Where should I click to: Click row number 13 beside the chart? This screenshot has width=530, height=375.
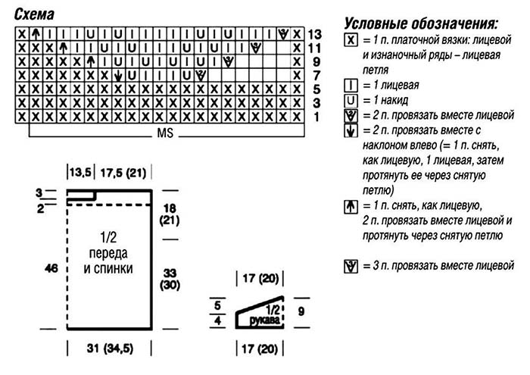(316, 34)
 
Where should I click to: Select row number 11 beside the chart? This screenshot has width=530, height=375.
(316, 48)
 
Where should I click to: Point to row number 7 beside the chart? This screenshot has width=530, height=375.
(316, 75)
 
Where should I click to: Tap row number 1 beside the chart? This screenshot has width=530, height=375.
(316, 116)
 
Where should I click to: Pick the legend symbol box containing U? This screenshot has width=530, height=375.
(350, 100)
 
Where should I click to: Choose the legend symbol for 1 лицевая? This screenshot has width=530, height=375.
(350, 85)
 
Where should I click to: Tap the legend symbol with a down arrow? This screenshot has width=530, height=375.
(350, 131)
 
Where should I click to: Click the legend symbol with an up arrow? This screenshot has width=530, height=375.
(350, 205)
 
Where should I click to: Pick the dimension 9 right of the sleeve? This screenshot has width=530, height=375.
(301, 311)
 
